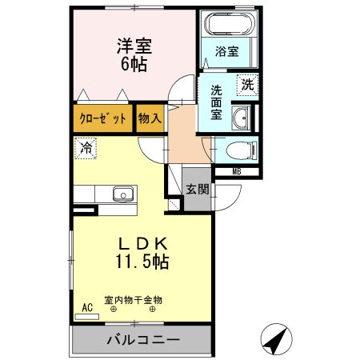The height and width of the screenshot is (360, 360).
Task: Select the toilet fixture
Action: click(x=238, y=149)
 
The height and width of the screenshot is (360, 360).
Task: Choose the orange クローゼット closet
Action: click(x=103, y=118)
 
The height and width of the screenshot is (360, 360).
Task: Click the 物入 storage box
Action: click(x=149, y=118)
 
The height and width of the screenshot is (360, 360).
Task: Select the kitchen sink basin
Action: click(x=122, y=194)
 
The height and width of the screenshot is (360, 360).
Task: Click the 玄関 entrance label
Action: click(x=198, y=190)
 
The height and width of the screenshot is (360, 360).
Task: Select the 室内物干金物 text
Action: click(x=133, y=300)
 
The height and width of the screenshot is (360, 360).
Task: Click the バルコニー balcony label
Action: click(x=143, y=340)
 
